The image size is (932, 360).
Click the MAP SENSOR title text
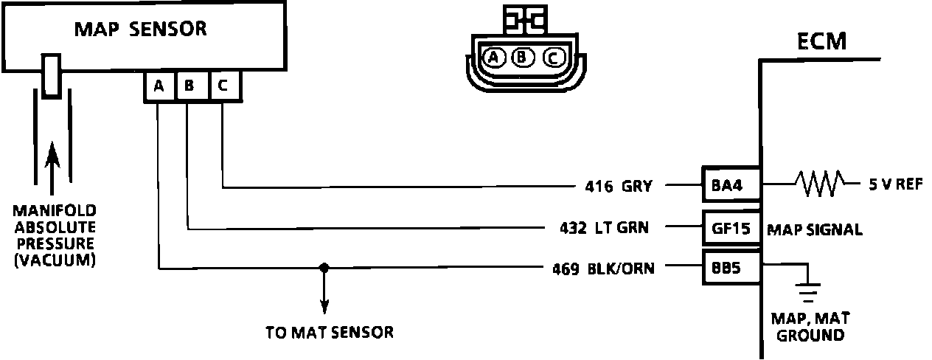140,30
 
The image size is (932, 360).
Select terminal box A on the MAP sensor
159,86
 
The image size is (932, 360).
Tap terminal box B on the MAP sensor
189,86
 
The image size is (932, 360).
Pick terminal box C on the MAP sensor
223,86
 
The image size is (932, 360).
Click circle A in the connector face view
491,57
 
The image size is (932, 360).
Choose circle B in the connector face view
522,57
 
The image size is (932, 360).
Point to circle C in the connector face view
553,57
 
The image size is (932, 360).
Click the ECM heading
821,41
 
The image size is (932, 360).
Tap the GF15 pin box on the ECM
730,228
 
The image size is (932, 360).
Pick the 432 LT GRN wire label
604,228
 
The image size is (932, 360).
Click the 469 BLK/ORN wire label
602,269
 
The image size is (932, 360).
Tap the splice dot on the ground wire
322,268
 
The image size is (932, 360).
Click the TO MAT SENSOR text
329,332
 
